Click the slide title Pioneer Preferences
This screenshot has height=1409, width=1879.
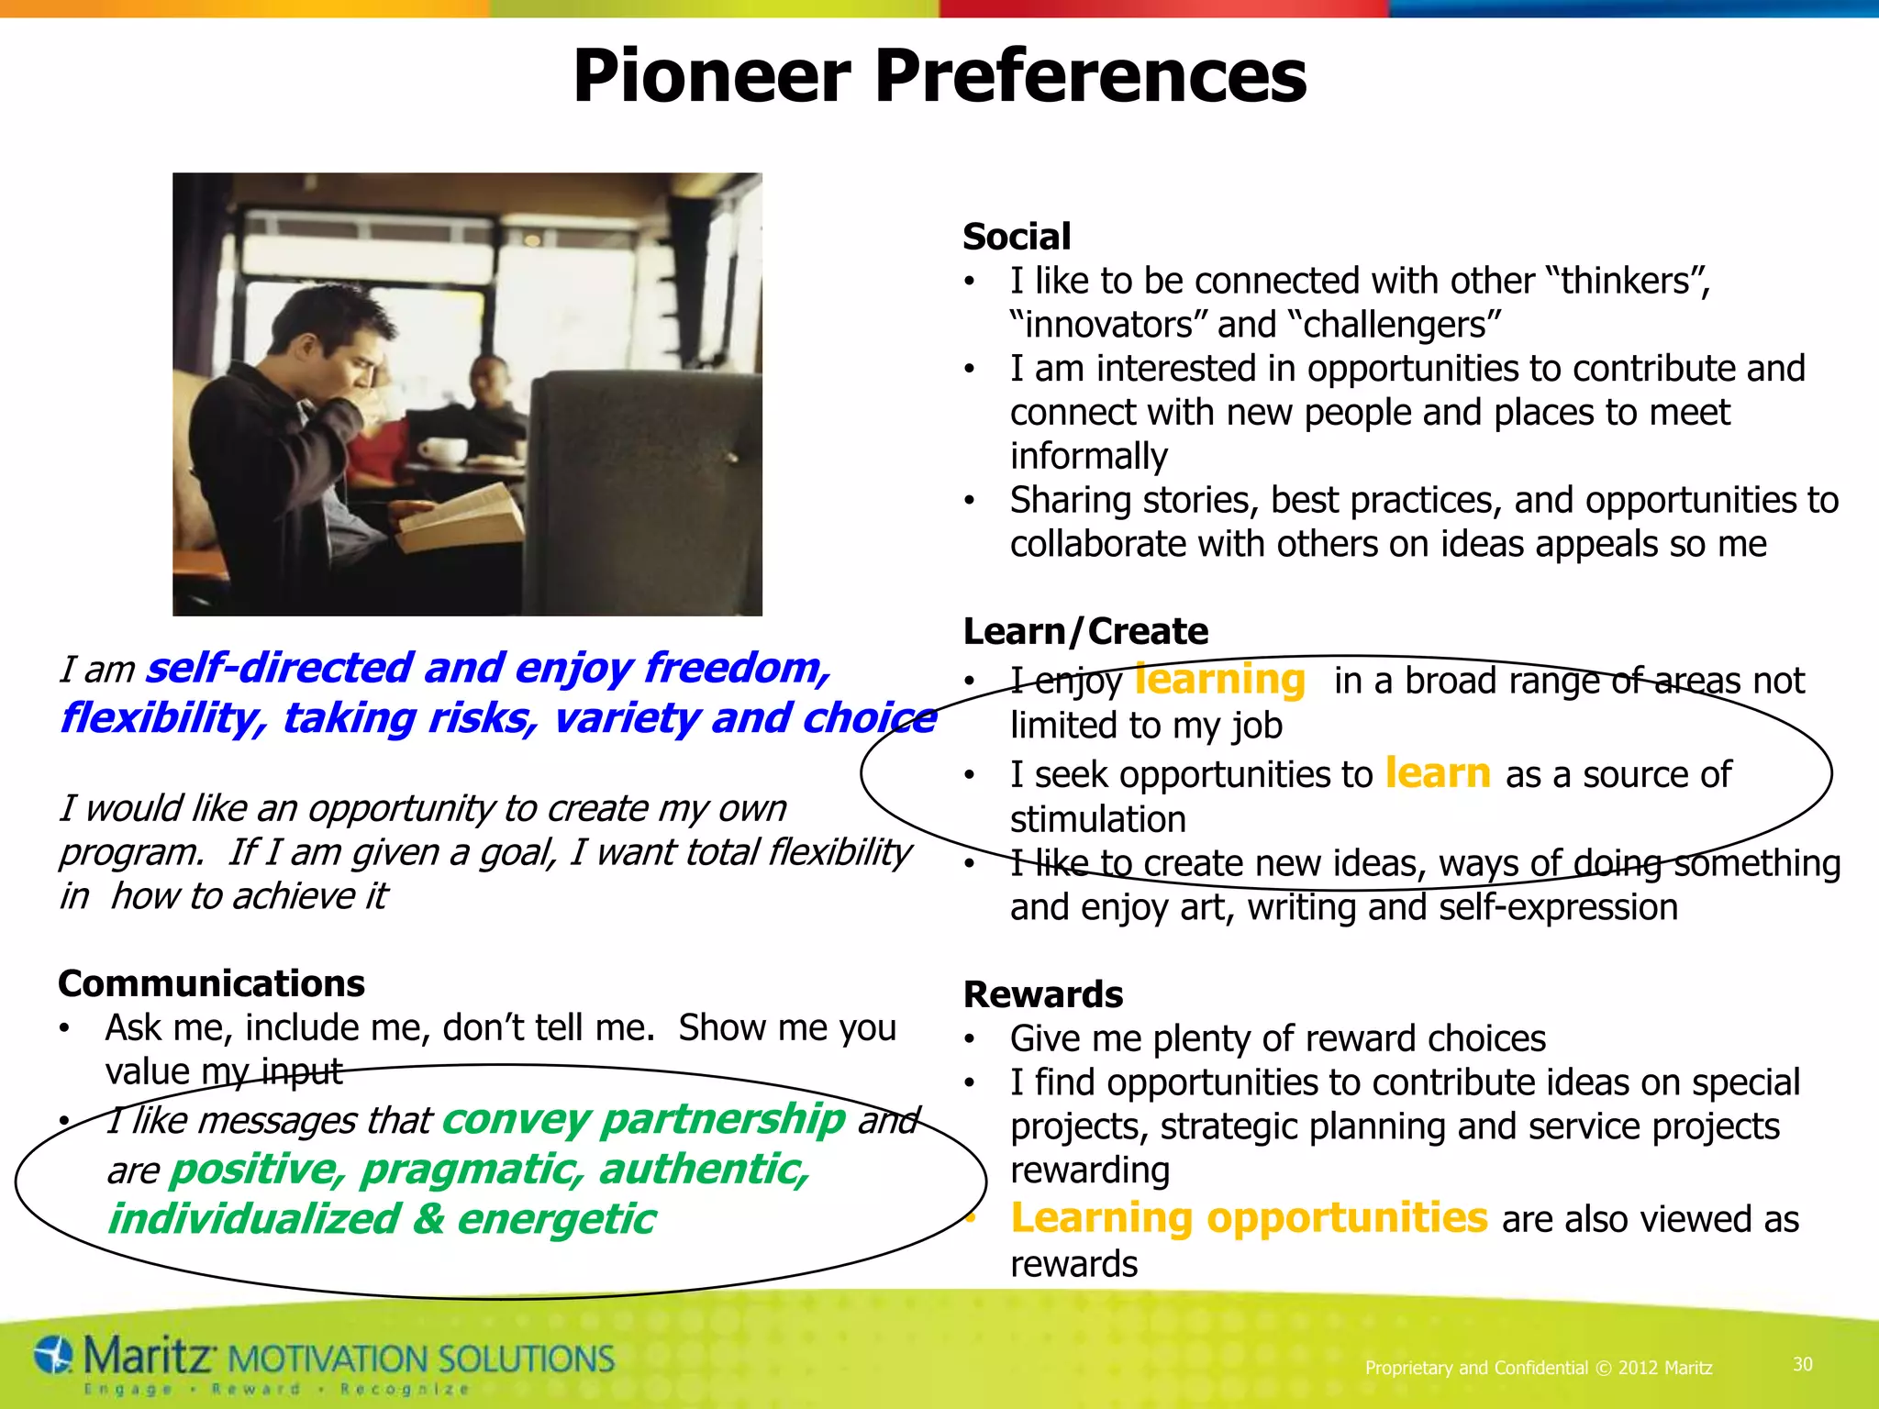939,77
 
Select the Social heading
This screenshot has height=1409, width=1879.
1017,237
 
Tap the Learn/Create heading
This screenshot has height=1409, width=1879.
1085,631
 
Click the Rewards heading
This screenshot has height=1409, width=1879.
1043,994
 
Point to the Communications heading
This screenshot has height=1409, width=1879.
211,983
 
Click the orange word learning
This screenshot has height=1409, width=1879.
1219,680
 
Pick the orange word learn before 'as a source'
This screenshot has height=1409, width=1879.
1438,773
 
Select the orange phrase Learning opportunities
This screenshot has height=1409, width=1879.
1248,1218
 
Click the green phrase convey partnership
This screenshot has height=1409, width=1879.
643,1119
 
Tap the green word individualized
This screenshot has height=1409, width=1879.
254,1219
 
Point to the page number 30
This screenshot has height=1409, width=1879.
1802,1364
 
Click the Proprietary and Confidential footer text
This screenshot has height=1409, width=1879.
1538,1368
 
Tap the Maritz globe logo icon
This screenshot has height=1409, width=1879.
54,1356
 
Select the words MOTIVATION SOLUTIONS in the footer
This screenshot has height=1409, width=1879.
420,1359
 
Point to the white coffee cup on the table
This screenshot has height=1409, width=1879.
443,450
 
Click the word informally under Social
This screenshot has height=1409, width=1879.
1088,456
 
